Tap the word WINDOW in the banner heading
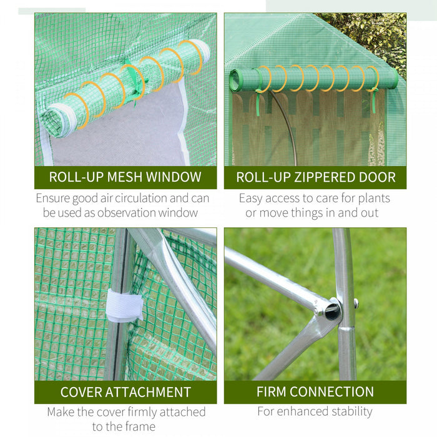click(174, 177)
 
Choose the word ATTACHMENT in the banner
click(148, 392)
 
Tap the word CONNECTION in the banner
click(331, 391)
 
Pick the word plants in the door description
click(374, 199)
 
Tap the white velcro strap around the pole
click(125, 305)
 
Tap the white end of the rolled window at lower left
click(59, 120)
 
